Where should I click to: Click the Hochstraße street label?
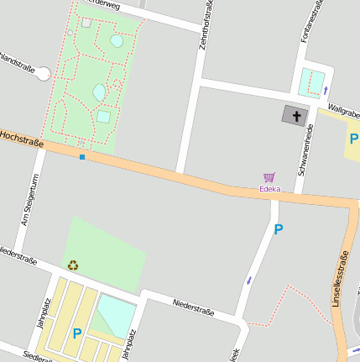(x=22, y=138)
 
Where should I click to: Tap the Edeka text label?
(x=269, y=189)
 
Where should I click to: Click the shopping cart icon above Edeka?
(x=269, y=177)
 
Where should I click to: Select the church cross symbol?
(x=295, y=115)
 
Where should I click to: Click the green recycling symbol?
(x=73, y=265)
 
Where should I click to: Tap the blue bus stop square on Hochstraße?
(x=82, y=156)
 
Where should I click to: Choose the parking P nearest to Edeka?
(x=279, y=228)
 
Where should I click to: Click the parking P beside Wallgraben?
(x=354, y=139)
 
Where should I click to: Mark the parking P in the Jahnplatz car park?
(x=77, y=333)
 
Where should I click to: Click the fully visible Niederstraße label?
(x=194, y=307)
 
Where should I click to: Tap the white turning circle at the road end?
(x=44, y=76)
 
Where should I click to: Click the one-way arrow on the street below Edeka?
(x=248, y=281)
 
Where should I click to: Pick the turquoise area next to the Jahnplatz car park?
(x=115, y=315)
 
